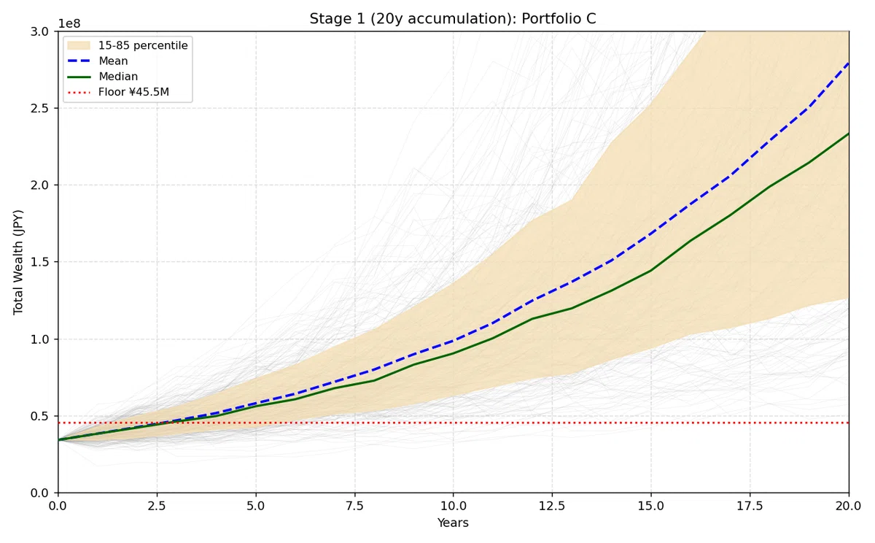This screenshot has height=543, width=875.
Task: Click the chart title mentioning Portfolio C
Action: click(x=453, y=19)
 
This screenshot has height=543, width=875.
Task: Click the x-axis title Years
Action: click(x=453, y=523)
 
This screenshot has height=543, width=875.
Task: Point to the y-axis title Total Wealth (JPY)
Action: click(x=18, y=262)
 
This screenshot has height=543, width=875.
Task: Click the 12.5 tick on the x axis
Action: click(x=552, y=507)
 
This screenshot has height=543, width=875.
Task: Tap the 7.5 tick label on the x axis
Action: click(x=354, y=507)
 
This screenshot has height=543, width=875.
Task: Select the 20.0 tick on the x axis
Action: click(x=849, y=507)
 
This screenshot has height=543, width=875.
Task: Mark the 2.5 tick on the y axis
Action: click(x=39, y=108)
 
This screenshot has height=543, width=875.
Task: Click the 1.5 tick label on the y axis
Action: click(x=39, y=262)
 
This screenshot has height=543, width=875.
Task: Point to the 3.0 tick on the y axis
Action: click(x=39, y=31)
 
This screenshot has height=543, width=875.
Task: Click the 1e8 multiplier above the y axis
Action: click(x=69, y=24)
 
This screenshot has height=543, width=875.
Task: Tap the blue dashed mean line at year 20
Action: click(x=848, y=63)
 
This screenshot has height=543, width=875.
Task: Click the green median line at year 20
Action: click(x=848, y=134)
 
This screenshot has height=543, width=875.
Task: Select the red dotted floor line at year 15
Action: click(x=650, y=423)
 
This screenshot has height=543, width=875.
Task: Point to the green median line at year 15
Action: click(x=650, y=270)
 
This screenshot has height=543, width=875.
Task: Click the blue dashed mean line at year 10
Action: click(x=453, y=341)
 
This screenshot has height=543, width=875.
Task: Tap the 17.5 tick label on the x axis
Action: click(x=750, y=507)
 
